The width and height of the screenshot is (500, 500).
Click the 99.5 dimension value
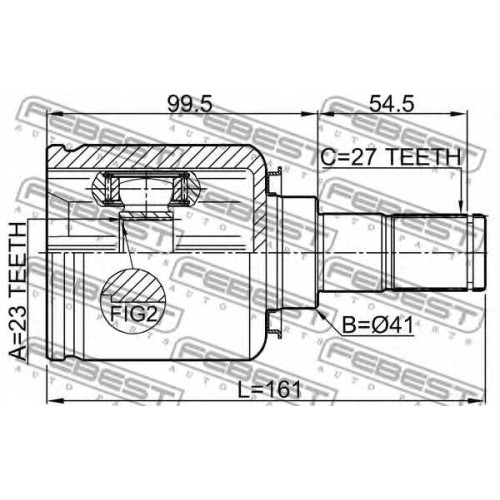(189, 104)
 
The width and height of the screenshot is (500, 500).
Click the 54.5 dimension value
(392, 104)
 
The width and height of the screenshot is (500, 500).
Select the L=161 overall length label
(269, 390)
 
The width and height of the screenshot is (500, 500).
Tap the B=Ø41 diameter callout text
(378, 325)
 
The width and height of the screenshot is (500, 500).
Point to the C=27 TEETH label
(390, 157)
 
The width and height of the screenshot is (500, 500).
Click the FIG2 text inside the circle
(134, 314)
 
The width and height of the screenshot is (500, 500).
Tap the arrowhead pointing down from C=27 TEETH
(461, 206)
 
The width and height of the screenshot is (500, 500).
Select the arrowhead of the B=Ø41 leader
(320, 313)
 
